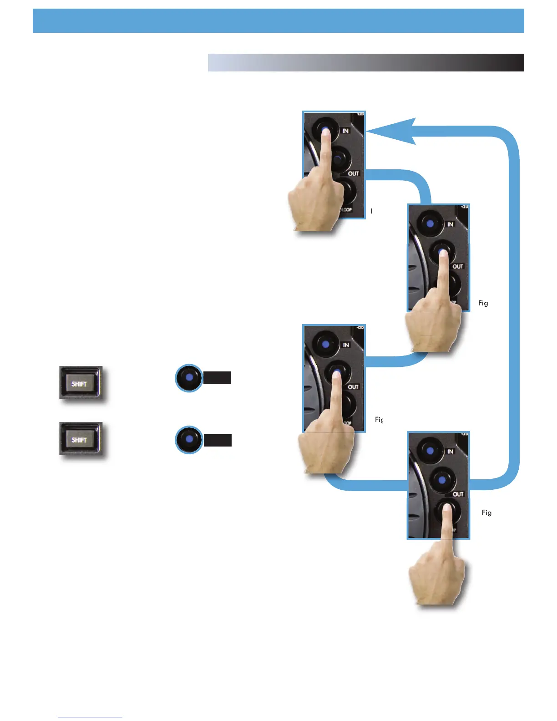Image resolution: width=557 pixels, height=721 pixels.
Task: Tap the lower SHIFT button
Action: [x=80, y=439]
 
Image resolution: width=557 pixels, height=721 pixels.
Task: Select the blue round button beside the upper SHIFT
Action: [x=189, y=378]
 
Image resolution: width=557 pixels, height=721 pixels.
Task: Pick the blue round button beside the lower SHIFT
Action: [x=189, y=440]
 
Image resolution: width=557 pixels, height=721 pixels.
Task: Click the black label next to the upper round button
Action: [x=218, y=378]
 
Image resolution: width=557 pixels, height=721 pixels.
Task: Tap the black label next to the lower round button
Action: [x=218, y=440]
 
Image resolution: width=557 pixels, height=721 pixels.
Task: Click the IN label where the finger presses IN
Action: [x=346, y=131]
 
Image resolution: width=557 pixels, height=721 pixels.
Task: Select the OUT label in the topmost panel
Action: [x=354, y=173]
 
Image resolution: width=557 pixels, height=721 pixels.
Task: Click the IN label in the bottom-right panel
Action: [x=450, y=452]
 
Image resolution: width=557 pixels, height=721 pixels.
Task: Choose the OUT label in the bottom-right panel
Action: [x=458, y=494]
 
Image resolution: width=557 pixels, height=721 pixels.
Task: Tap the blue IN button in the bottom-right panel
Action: [x=430, y=451]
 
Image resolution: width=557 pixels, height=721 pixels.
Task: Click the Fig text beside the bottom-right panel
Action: [x=486, y=513]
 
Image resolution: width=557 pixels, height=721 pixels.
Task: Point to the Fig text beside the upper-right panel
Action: [x=483, y=303]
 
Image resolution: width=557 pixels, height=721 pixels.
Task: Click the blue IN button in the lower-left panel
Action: [x=325, y=344]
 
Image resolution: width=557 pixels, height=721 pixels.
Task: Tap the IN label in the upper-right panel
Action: [x=450, y=224]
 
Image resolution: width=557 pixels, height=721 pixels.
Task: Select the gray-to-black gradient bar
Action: [x=366, y=63]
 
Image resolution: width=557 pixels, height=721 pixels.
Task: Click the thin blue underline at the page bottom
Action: [x=90, y=717]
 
